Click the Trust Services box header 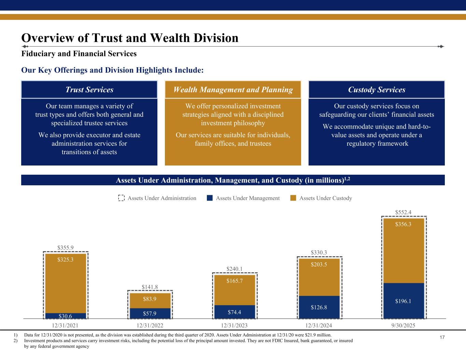point(89,90)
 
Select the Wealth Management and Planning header point(233,90)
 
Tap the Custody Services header point(377,90)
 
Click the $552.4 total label point(403,212)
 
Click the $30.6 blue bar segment point(66,316)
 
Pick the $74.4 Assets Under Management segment point(235,312)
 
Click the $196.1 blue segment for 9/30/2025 point(404,301)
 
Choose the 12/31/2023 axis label point(234,326)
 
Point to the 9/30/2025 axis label point(404,326)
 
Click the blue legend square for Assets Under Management point(210,198)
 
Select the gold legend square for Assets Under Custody point(293,198)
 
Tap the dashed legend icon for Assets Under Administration point(121,198)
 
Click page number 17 point(442,337)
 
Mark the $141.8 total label point(150,287)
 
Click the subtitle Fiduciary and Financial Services point(79,54)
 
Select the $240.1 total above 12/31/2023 point(235,269)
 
